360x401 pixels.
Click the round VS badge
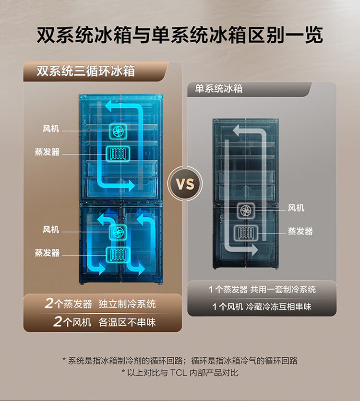(x=185, y=184)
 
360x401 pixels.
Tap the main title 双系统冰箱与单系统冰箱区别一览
(x=180, y=36)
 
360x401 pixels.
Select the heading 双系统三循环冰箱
(x=86, y=71)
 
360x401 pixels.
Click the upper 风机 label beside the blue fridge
(x=50, y=129)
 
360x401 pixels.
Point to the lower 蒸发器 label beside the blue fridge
(x=47, y=252)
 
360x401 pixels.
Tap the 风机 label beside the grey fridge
(x=296, y=208)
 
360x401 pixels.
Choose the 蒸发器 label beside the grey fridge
(x=300, y=231)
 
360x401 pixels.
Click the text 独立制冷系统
(x=127, y=304)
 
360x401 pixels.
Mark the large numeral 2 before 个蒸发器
(x=48, y=304)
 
